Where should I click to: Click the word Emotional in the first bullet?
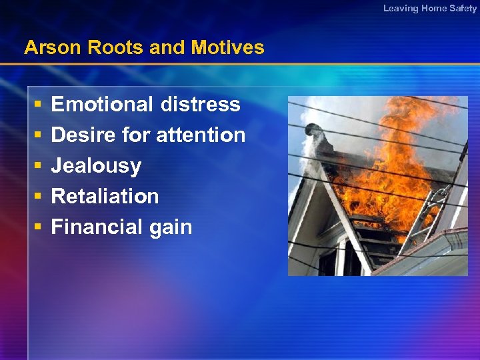point(102,105)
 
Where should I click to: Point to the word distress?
point(200,105)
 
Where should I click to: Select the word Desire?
point(83,135)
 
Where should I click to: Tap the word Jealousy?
point(96,166)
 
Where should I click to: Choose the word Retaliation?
point(105,197)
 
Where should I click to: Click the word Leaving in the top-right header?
point(401,8)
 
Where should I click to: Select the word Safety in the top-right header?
point(463,8)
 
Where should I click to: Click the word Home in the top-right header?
point(434,8)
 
